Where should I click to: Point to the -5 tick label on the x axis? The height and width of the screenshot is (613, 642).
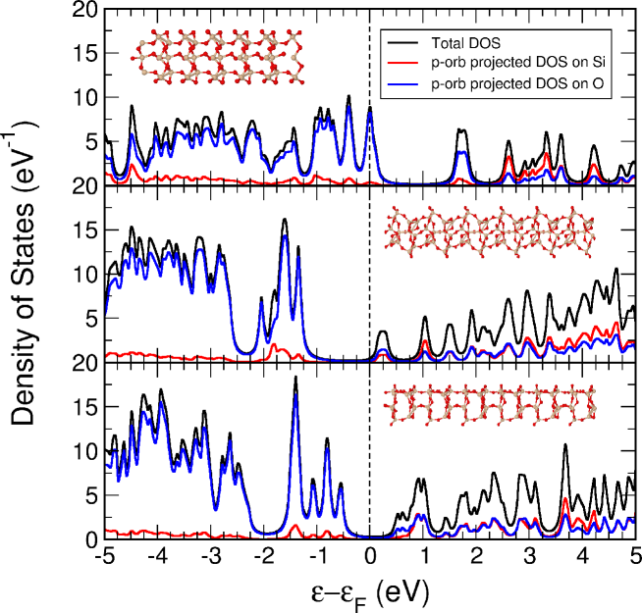102,556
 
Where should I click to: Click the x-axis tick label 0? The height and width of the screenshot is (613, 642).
369,556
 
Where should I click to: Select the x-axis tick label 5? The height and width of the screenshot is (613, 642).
636,556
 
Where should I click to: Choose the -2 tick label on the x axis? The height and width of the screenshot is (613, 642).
262,556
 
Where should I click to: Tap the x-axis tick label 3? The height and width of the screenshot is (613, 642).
529,556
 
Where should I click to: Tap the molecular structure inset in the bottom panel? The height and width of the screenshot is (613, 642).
490,404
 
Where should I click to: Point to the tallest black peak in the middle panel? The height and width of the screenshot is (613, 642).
285,220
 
